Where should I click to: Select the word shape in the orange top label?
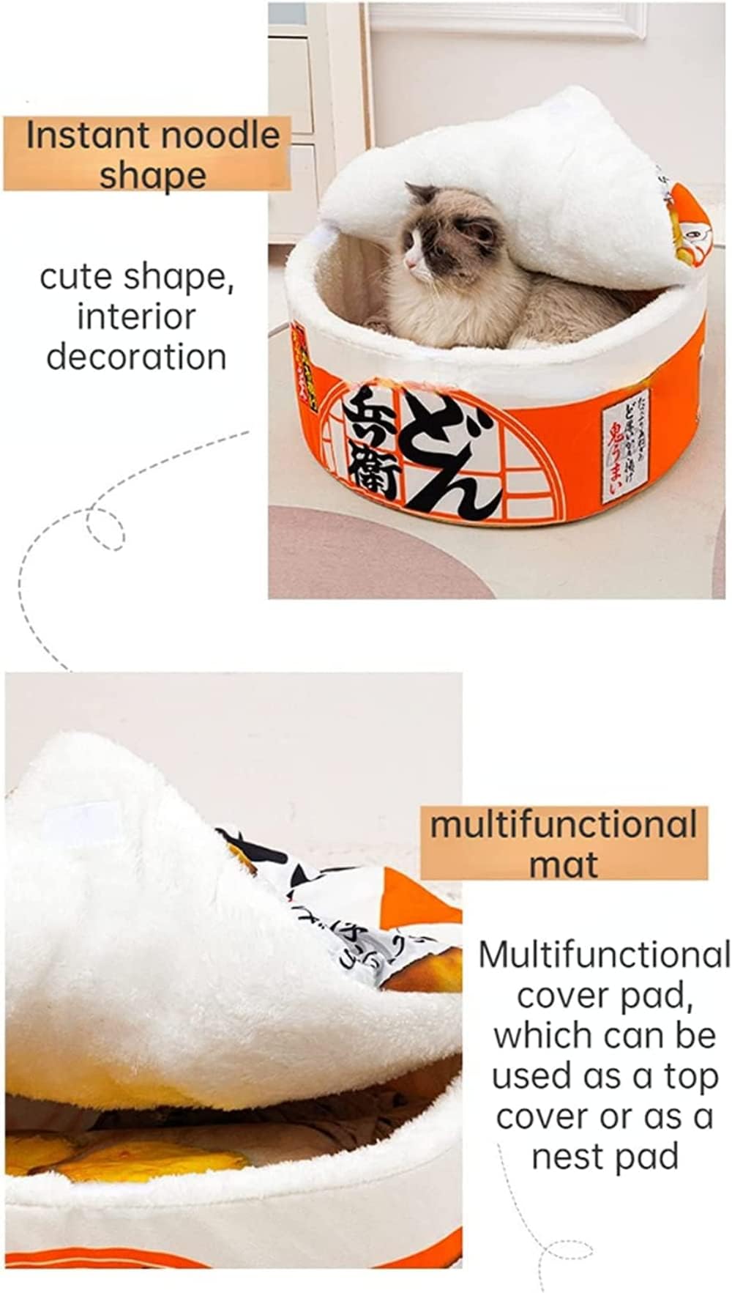pos(152,176)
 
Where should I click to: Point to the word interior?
pos(136,317)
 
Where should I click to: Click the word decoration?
pos(136,357)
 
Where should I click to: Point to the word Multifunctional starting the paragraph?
pos(604,955)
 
